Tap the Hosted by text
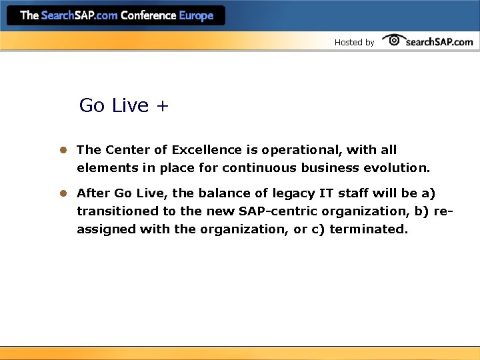[x=354, y=42]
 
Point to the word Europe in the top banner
[x=196, y=15]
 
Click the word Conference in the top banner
[x=148, y=15]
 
